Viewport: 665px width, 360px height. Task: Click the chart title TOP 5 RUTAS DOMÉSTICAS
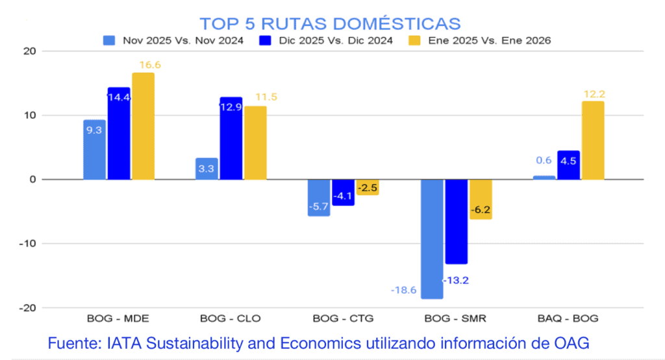tap(330, 23)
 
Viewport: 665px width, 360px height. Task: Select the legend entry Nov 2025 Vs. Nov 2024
tap(173, 41)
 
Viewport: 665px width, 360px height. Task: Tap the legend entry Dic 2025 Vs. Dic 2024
tap(325, 41)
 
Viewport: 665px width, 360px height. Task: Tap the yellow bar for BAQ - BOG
tap(593, 140)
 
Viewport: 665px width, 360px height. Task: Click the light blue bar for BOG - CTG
tap(319, 198)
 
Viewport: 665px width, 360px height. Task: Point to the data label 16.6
tap(150, 65)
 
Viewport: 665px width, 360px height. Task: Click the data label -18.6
tap(405, 290)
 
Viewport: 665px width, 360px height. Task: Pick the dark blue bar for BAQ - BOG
tap(568, 165)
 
